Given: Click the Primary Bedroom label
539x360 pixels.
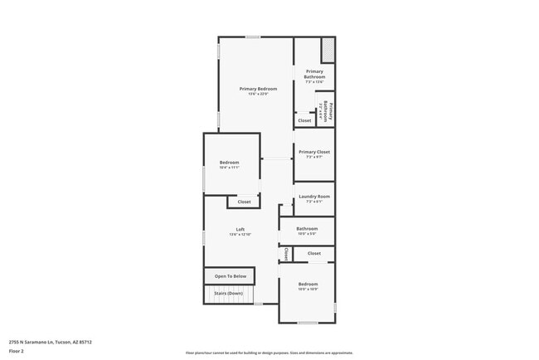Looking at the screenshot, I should pyautogui.click(x=258, y=89).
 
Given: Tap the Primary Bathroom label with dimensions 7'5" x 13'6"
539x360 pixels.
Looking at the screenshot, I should pyautogui.click(x=314, y=75).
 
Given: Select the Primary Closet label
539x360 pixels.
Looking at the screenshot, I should pyautogui.click(x=314, y=152).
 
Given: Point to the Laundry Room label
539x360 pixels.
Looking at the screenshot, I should pyautogui.click(x=314, y=197).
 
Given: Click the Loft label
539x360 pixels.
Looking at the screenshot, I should pyautogui.click(x=240, y=229).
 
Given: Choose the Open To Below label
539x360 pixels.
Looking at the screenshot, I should pyautogui.click(x=231, y=276).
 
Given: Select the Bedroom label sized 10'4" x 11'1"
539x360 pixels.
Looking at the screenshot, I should pyautogui.click(x=229, y=162).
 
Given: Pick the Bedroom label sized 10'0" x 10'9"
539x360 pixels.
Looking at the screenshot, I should pyautogui.click(x=308, y=284).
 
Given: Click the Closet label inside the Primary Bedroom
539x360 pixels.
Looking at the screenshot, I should pyautogui.click(x=305, y=120).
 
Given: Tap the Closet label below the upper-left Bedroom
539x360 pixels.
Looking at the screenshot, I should pyautogui.click(x=244, y=202).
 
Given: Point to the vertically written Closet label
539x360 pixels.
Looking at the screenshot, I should pyautogui.click(x=286, y=254).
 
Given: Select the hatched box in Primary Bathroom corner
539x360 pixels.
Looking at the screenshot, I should pyautogui.click(x=328, y=50).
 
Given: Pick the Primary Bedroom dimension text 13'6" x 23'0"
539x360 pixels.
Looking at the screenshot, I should pyautogui.click(x=258, y=94).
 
